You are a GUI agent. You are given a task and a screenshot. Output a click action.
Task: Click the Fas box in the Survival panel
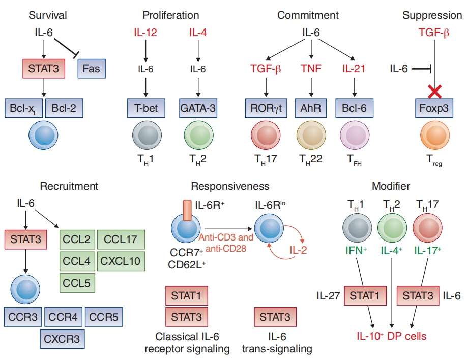(x=92, y=69)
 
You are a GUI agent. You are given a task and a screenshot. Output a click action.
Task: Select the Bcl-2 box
(x=64, y=108)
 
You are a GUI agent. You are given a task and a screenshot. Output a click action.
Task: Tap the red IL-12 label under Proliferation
(x=145, y=33)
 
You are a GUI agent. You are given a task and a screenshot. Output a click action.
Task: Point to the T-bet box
(x=145, y=108)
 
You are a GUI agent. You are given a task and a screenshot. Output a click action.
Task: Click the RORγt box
(x=266, y=108)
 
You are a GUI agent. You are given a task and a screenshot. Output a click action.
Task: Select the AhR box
(x=311, y=108)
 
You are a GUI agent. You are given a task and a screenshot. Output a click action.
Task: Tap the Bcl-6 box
(x=355, y=108)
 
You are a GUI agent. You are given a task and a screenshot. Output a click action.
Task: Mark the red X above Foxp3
(x=434, y=92)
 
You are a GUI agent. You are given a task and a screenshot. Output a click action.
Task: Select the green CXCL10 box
(x=120, y=262)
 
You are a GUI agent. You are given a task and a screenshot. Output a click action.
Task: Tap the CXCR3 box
(x=62, y=337)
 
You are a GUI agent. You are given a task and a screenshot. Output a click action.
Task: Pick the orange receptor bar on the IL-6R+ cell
(x=187, y=210)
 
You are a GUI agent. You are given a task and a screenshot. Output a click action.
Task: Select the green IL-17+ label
(x=427, y=250)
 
